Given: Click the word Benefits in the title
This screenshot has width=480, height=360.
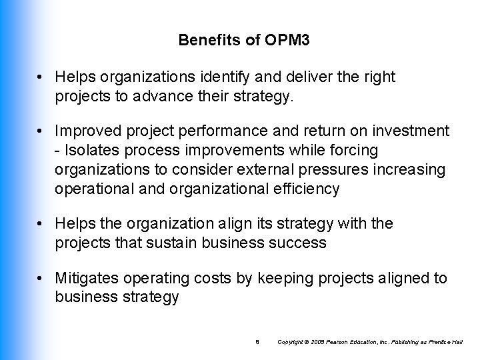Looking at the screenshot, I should [203, 41].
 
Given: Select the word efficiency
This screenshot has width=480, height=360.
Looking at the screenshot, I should [308, 189].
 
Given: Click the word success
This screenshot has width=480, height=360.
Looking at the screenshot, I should [301, 243].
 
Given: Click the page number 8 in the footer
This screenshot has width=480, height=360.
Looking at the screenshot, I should [257, 343].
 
